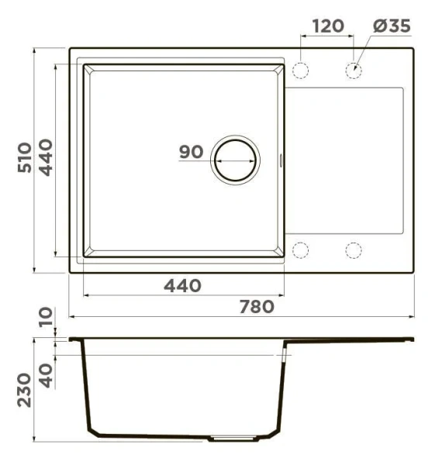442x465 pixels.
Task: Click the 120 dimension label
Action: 327,26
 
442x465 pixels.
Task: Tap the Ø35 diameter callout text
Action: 391,26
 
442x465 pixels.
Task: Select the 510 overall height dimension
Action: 24,157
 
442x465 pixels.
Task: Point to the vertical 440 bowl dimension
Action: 44,157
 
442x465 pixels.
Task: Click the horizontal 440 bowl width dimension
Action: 182,285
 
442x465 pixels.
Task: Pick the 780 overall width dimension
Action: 256,306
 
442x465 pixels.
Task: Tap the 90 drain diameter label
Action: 191,152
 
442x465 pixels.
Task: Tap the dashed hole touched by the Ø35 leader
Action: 354,70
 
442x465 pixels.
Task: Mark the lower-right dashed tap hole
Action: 354,250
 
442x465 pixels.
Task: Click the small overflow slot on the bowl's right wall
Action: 281,160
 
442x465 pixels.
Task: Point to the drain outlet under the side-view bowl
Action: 232,439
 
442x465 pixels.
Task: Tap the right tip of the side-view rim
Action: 413,339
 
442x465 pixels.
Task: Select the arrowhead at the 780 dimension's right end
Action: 411,316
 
